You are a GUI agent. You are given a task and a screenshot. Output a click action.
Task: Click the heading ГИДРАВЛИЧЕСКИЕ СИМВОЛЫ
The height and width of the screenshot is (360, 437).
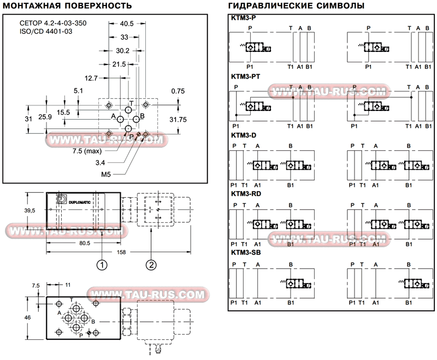point(296,6)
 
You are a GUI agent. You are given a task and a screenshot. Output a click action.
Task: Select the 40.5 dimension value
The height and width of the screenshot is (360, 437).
point(127,23)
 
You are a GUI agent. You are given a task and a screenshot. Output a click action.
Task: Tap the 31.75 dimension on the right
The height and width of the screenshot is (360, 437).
point(178,119)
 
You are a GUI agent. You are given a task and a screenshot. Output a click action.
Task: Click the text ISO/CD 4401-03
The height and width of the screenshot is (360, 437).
point(45,32)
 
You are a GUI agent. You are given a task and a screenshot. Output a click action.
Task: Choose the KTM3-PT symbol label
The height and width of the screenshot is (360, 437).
point(245,76)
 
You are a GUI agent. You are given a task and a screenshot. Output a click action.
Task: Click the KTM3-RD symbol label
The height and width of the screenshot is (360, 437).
point(246,193)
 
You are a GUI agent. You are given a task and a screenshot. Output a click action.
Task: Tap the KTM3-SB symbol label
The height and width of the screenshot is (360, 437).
point(246,252)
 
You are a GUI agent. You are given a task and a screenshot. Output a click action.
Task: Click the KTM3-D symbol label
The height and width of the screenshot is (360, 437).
point(243,135)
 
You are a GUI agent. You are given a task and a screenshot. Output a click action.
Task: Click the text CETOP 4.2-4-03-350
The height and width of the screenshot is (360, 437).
point(52,23)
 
